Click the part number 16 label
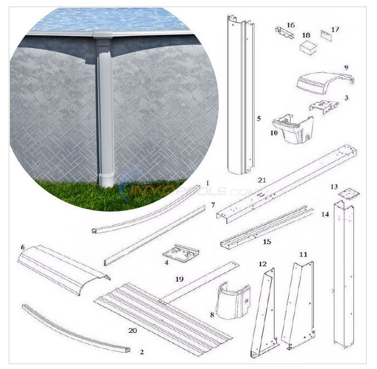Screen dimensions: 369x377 coord(291,25)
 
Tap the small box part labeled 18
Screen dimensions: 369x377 coord(309,47)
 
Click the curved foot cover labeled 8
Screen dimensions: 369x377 coord(233,301)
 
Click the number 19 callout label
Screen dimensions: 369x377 coord(178,279)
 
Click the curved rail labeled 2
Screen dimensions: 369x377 coord(77,328)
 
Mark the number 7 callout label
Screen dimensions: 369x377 coord(197,205)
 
